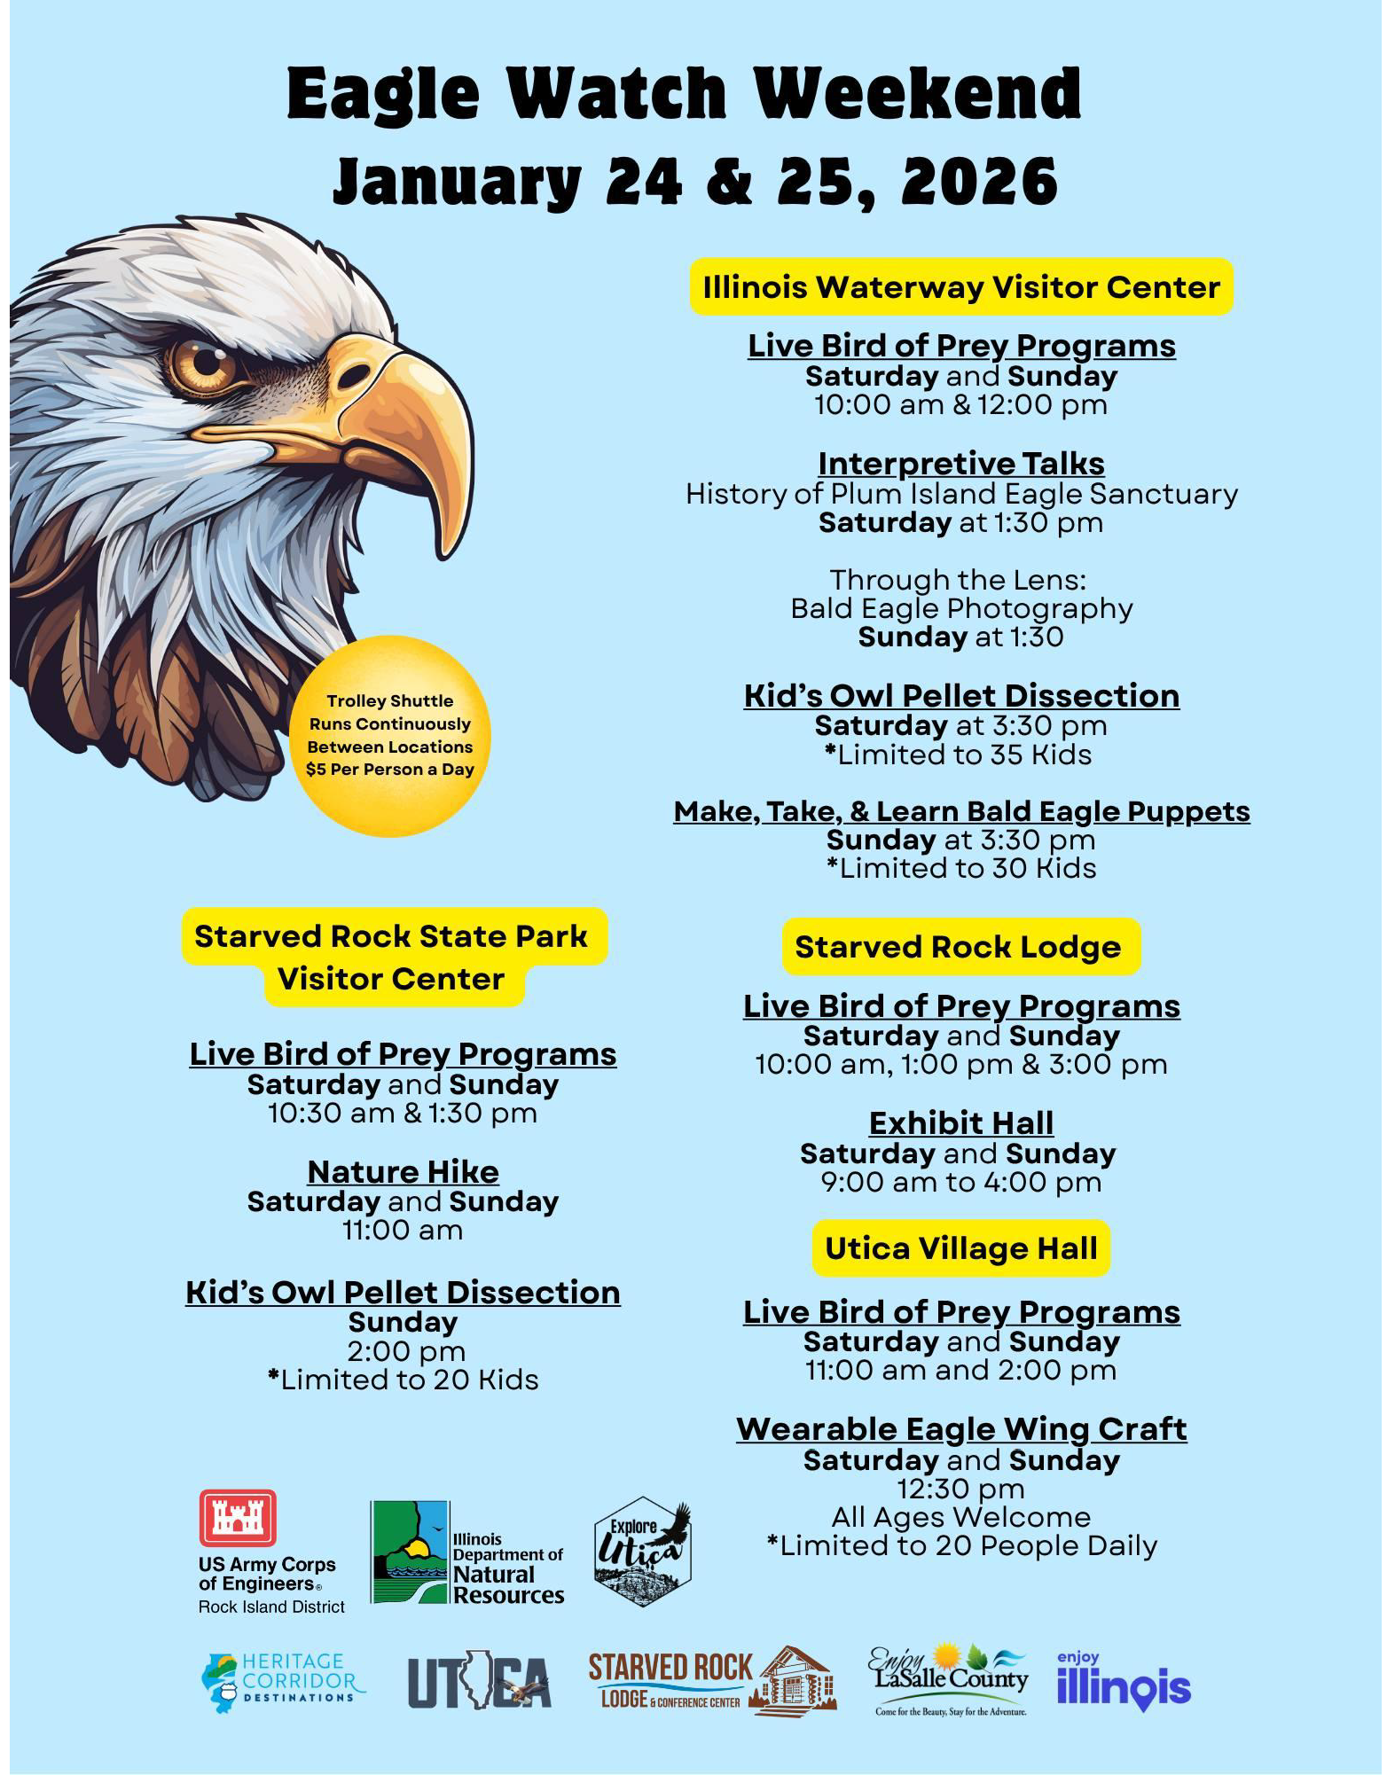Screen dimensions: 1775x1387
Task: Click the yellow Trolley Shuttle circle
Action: [x=390, y=736]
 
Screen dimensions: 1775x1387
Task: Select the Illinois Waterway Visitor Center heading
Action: [x=961, y=287]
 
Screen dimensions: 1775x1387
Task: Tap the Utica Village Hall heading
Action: [x=961, y=1248]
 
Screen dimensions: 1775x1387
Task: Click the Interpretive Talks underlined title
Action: [x=961, y=464]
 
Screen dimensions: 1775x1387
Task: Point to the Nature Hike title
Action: [x=403, y=1172]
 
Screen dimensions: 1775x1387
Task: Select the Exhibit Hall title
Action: [x=961, y=1123]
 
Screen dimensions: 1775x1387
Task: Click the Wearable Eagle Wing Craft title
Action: [x=961, y=1429]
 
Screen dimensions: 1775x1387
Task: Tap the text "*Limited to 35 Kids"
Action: [x=961, y=755]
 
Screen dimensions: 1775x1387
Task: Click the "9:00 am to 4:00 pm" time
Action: [x=961, y=1182]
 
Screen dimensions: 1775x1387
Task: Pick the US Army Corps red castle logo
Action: [x=238, y=1518]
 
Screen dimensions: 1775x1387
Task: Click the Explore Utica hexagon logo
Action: [x=642, y=1552]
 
